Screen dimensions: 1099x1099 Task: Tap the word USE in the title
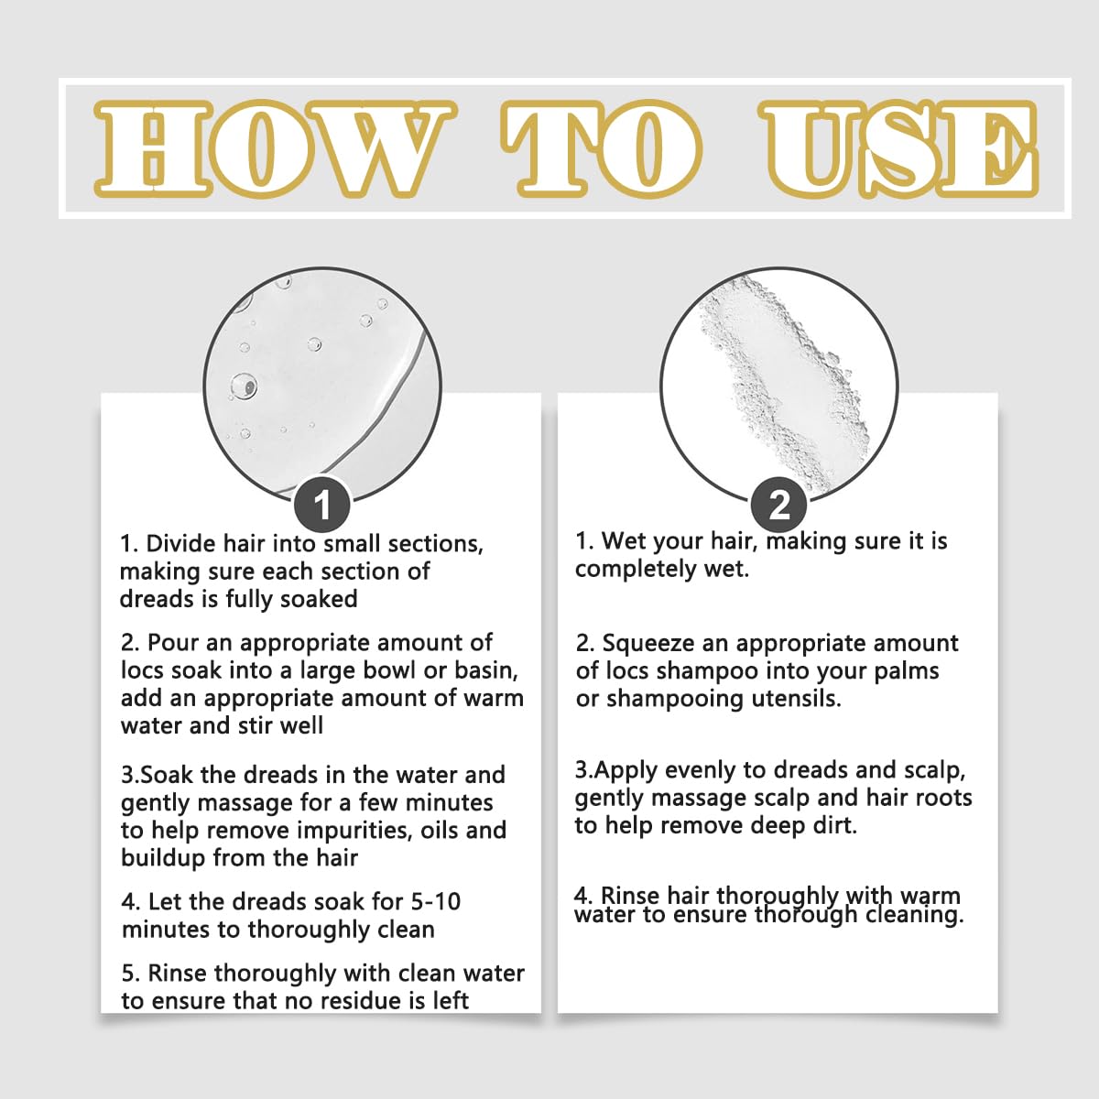(x=899, y=149)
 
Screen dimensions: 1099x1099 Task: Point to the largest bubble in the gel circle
(x=244, y=387)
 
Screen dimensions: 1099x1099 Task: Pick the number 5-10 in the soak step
(x=435, y=902)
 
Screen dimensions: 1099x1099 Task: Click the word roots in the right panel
(x=943, y=799)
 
